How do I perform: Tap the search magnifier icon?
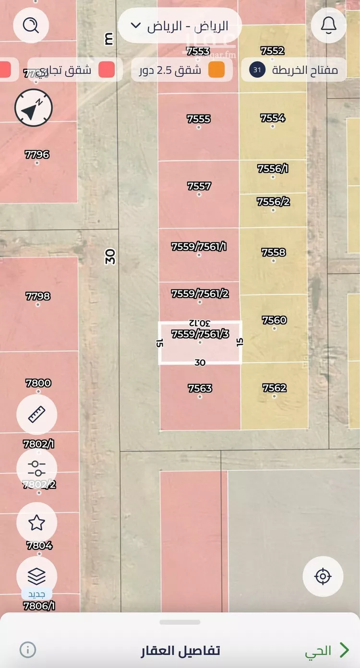[31, 25]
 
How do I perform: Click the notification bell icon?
[329, 25]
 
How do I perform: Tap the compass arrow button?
[33, 109]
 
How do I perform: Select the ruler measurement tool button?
[36, 415]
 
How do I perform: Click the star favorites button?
[36, 523]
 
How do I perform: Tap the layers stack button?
[36, 576]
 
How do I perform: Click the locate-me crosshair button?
[323, 576]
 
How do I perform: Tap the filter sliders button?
[36, 469]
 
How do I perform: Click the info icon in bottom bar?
[28, 650]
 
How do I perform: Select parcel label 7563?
[200, 388]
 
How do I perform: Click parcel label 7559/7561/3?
[200, 334]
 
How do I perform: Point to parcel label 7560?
[275, 320]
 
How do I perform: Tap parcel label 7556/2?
[274, 202]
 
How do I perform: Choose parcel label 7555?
[199, 119]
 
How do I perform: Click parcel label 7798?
[38, 296]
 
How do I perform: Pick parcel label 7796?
[37, 155]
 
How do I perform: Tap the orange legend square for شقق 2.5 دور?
[216, 70]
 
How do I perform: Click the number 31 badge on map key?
[257, 70]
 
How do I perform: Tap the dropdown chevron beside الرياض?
[136, 25]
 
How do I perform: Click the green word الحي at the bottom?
[318, 651]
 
